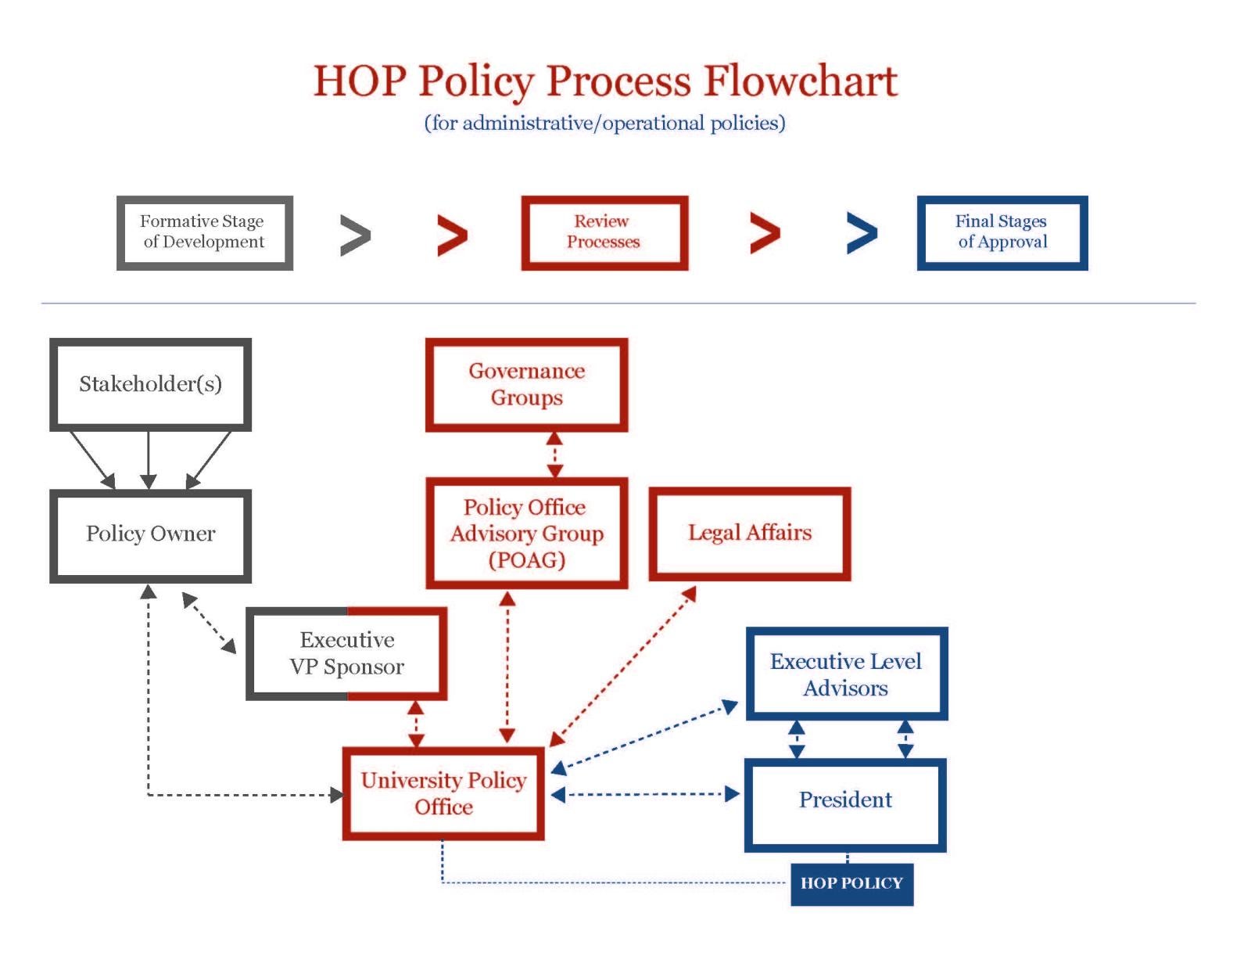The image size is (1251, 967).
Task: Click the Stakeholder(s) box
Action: point(150,384)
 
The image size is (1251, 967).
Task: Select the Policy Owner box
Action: point(150,535)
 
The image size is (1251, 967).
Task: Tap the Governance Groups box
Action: point(526,384)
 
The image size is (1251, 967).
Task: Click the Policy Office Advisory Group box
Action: point(526,534)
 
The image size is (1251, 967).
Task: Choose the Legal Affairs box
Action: point(749,534)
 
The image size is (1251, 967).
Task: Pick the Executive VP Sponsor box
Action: point(346,653)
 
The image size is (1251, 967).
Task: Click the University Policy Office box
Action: point(443,793)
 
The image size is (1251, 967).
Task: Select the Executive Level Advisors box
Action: point(846,674)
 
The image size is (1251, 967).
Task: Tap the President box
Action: point(845,801)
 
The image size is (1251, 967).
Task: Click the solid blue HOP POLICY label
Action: point(851,883)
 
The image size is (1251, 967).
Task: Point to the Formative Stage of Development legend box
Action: point(204,232)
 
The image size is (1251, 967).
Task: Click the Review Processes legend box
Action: point(604,232)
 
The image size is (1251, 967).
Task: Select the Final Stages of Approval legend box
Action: point(1002,232)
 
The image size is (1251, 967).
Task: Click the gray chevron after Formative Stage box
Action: point(355,235)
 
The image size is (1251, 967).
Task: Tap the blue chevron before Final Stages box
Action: point(862,233)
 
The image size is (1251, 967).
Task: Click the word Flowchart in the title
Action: point(800,81)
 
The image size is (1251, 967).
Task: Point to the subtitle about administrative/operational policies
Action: point(604,124)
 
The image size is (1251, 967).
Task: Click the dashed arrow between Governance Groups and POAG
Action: point(554,455)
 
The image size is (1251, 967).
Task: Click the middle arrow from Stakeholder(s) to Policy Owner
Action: point(149,459)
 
